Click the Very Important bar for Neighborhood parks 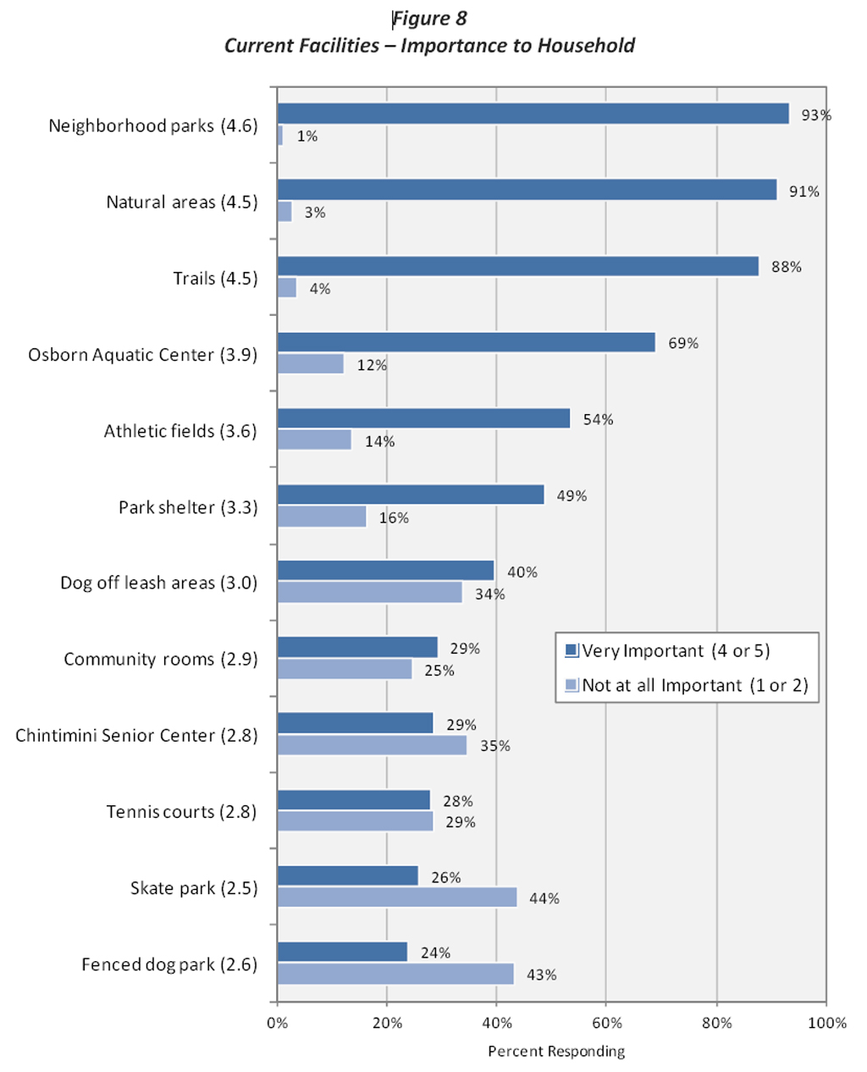pyautogui.click(x=533, y=113)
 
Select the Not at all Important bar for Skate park pyautogui.click(x=397, y=898)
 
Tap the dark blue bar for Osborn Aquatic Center pyautogui.click(x=466, y=342)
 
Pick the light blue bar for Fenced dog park pyautogui.click(x=395, y=974)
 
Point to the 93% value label pyautogui.click(x=816, y=115)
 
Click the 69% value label pyautogui.click(x=683, y=343)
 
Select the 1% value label pyautogui.click(x=306, y=136)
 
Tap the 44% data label pyautogui.click(x=544, y=898)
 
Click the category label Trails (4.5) pyautogui.click(x=215, y=279)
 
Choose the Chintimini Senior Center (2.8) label pyautogui.click(x=136, y=735)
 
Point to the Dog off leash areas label pyautogui.click(x=158, y=583)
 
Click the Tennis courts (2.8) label pyautogui.click(x=181, y=811)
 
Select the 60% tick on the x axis pyautogui.click(x=606, y=1023)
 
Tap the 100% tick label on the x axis pyautogui.click(x=826, y=1023)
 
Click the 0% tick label pyautogui.click(x=278, y=1023)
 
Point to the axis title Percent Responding pyautogui.click(x=556, y=1052)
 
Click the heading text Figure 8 pyautogui.click(x=430, y=19)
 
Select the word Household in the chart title pyautogui.click(x=586, y=46)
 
